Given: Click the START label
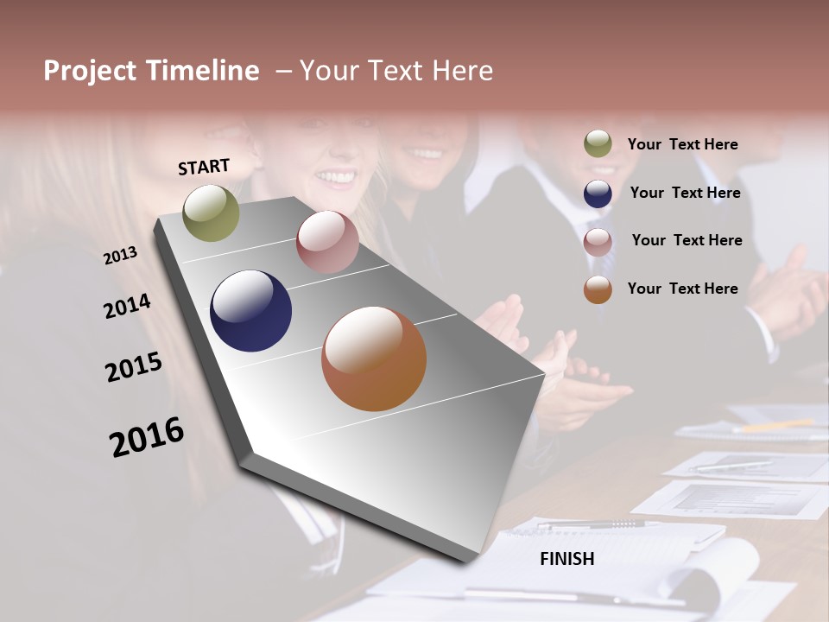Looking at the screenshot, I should [x=204, y=167].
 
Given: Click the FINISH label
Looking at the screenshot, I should [x=566, y=559].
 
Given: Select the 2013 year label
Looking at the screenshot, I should [x=121, y=255].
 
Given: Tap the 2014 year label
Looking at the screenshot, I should [x=127, y=306].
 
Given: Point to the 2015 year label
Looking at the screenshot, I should [x=134, y=366].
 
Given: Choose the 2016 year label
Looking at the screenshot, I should [x=147, y=436].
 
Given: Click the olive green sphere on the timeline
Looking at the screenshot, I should [x=211, y=213].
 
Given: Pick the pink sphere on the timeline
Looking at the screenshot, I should [x=327, y=242].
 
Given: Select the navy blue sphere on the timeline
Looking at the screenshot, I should [x=250, y=311].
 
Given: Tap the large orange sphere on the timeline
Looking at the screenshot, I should [x=374, y=359].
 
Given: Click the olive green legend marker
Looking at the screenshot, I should [x=598, y=144].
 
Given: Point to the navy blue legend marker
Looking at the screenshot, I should [x=598, y=194].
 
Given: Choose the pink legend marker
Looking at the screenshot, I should [x=598, y=242].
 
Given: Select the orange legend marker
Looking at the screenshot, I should [x=598, y=289].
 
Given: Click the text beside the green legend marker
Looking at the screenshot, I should [x=682, y=144].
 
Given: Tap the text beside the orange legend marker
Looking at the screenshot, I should [x=682, y=289].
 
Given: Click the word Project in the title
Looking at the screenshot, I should [x=89, y=71].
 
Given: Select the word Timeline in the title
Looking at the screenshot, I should [x=204, y=71].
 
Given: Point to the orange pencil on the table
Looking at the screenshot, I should [x=777, y=425].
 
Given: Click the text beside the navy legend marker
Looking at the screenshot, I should [x=685, y=193].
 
